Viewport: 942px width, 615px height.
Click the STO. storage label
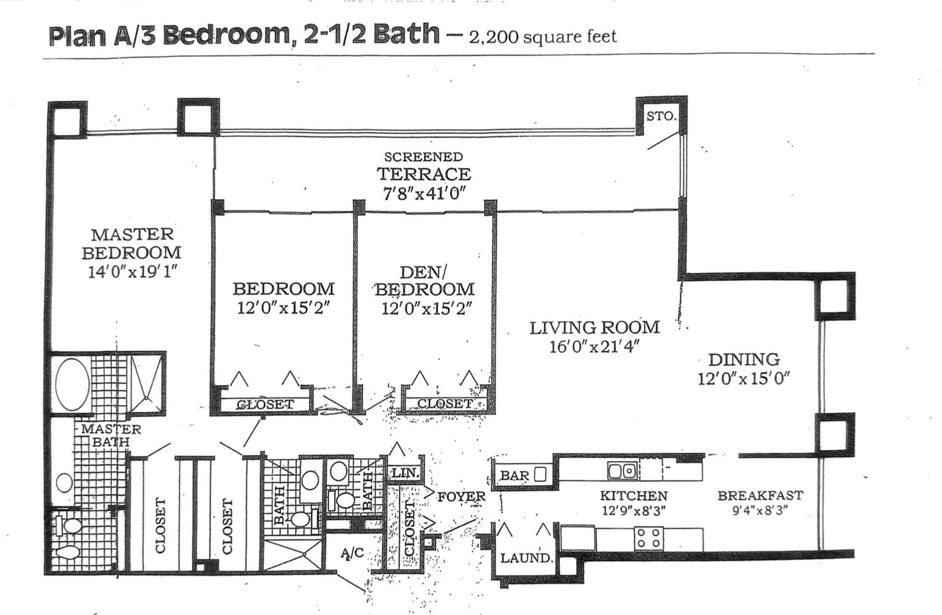point(661,116)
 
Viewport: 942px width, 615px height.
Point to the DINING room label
point(744,359)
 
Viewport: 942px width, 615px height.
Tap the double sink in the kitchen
point(622,471)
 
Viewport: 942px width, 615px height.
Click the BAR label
point(514,476)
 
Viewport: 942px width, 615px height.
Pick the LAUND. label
point(526,558)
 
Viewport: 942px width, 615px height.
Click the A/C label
point(352,553)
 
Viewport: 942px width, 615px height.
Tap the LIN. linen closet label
point(405,473)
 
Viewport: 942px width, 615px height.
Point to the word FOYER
point(461,497)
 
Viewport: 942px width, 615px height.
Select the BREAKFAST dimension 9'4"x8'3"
point(760,511)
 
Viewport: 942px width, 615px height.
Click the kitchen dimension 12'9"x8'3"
point(634,511)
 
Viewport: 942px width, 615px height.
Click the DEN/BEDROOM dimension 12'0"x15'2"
point(426,308)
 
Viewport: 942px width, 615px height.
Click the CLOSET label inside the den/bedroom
point(444,404)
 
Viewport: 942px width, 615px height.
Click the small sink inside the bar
point(540,474)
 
